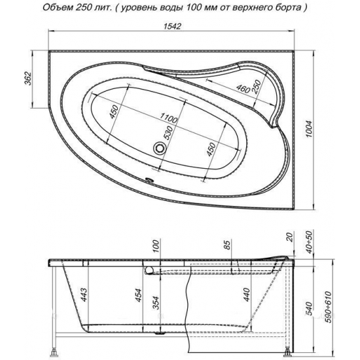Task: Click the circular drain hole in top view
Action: [x=159, y=148]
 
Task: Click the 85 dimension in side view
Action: [x=226, y=247]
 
